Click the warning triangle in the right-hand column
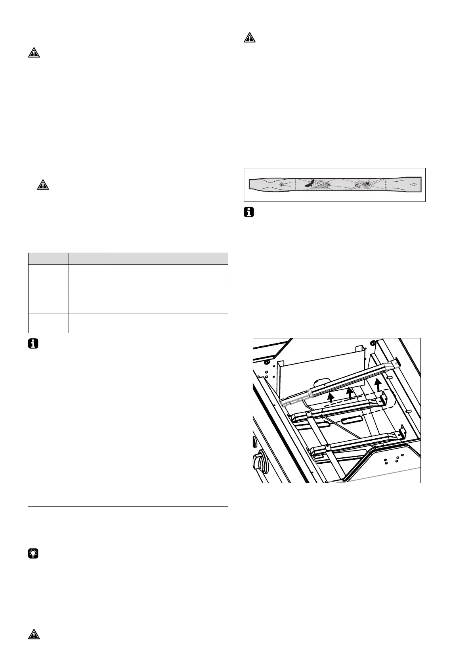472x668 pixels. [x=249, y=38]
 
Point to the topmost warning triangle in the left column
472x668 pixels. [x=34, y=53]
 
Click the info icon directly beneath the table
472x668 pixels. [x=34, y=344]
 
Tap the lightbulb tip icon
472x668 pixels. [x=34, y=553]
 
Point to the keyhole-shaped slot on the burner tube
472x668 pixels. [x=413, y=184]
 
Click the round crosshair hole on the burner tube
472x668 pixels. [x=281, y=184]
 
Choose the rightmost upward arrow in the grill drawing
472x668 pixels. [x=379, y=384]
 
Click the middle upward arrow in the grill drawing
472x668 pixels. [x=350, y=393]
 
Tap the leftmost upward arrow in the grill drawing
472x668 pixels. [x=331, y=397]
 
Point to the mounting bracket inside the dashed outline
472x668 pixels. [x=384, y=398]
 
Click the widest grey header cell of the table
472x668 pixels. [x=168, y=258]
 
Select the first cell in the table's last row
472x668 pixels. [x=48, y=322]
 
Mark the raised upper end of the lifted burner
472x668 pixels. [x=396, y=363]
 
